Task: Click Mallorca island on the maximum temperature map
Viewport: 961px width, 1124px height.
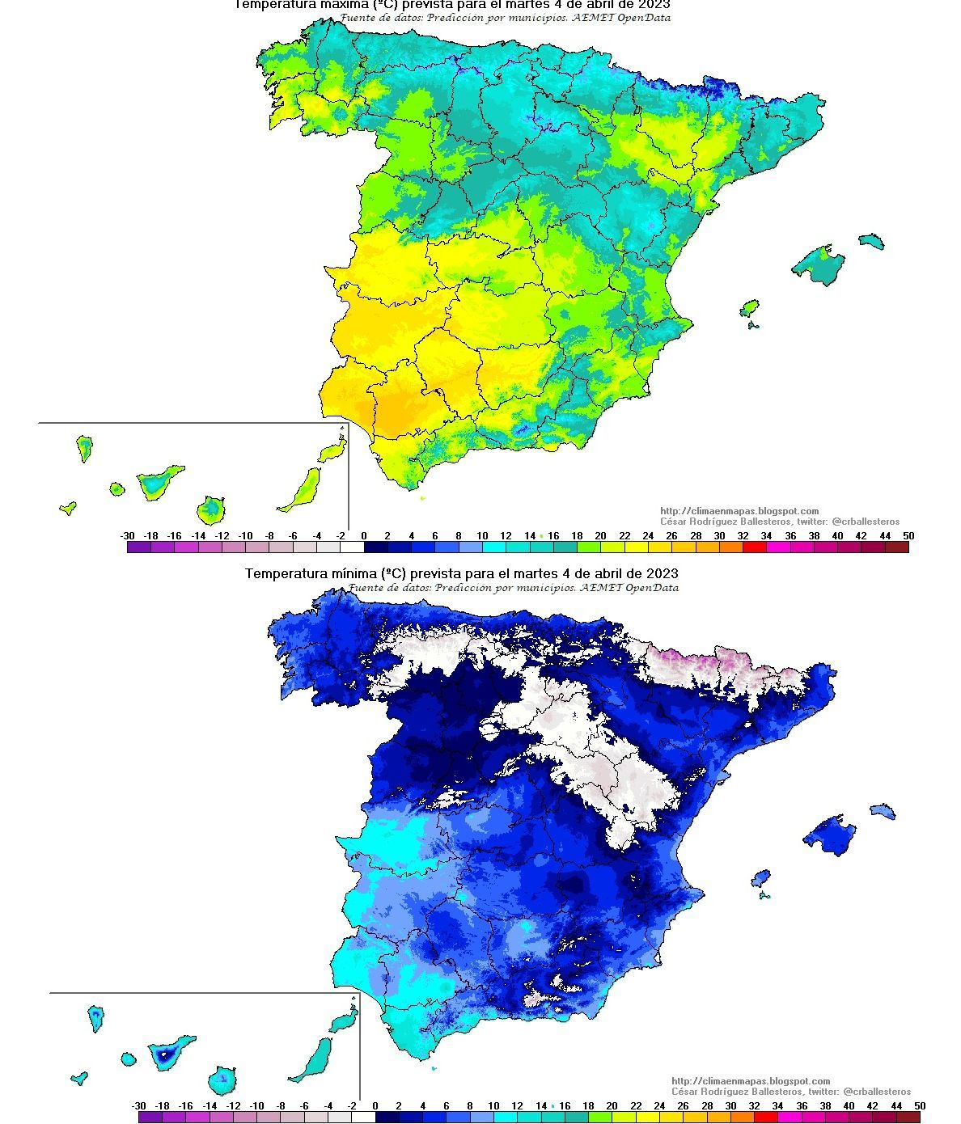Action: coord(819,264)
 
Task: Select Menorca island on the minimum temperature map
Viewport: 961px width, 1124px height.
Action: coord(883,810)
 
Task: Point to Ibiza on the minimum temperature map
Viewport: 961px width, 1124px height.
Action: coord(760,877)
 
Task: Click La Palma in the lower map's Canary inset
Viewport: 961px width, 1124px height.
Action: coord(96,1016)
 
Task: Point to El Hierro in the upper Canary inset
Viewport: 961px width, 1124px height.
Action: coord(68,508)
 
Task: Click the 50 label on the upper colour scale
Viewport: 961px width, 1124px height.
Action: coord(908,536)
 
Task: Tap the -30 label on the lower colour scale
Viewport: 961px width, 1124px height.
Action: coord(138,1106)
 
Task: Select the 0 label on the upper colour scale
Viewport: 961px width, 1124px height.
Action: coord(364,536)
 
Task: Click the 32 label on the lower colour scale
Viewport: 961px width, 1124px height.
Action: coord(754,1106)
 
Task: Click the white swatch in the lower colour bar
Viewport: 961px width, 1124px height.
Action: coord(364,1118)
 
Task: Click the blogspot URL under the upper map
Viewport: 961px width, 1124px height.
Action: coord(739,511)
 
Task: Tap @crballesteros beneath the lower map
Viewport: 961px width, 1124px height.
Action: coord(877,1092)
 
